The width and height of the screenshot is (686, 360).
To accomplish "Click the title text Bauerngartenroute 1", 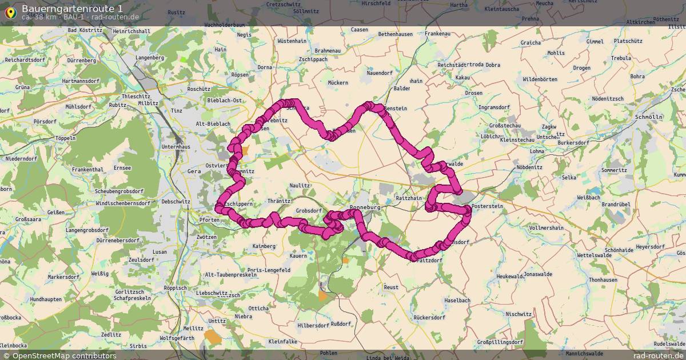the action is [x=71, y=8].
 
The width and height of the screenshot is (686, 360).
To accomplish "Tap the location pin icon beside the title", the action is [x=10, y=11].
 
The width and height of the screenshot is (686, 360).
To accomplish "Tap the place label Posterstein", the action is [x=486, y=206].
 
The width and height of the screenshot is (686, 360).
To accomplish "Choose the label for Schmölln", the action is [x=648, y=117].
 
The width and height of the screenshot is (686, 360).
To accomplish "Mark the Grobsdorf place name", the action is [x=309, y=211].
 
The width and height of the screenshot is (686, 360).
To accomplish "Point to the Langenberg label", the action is [x=150, y=58].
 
